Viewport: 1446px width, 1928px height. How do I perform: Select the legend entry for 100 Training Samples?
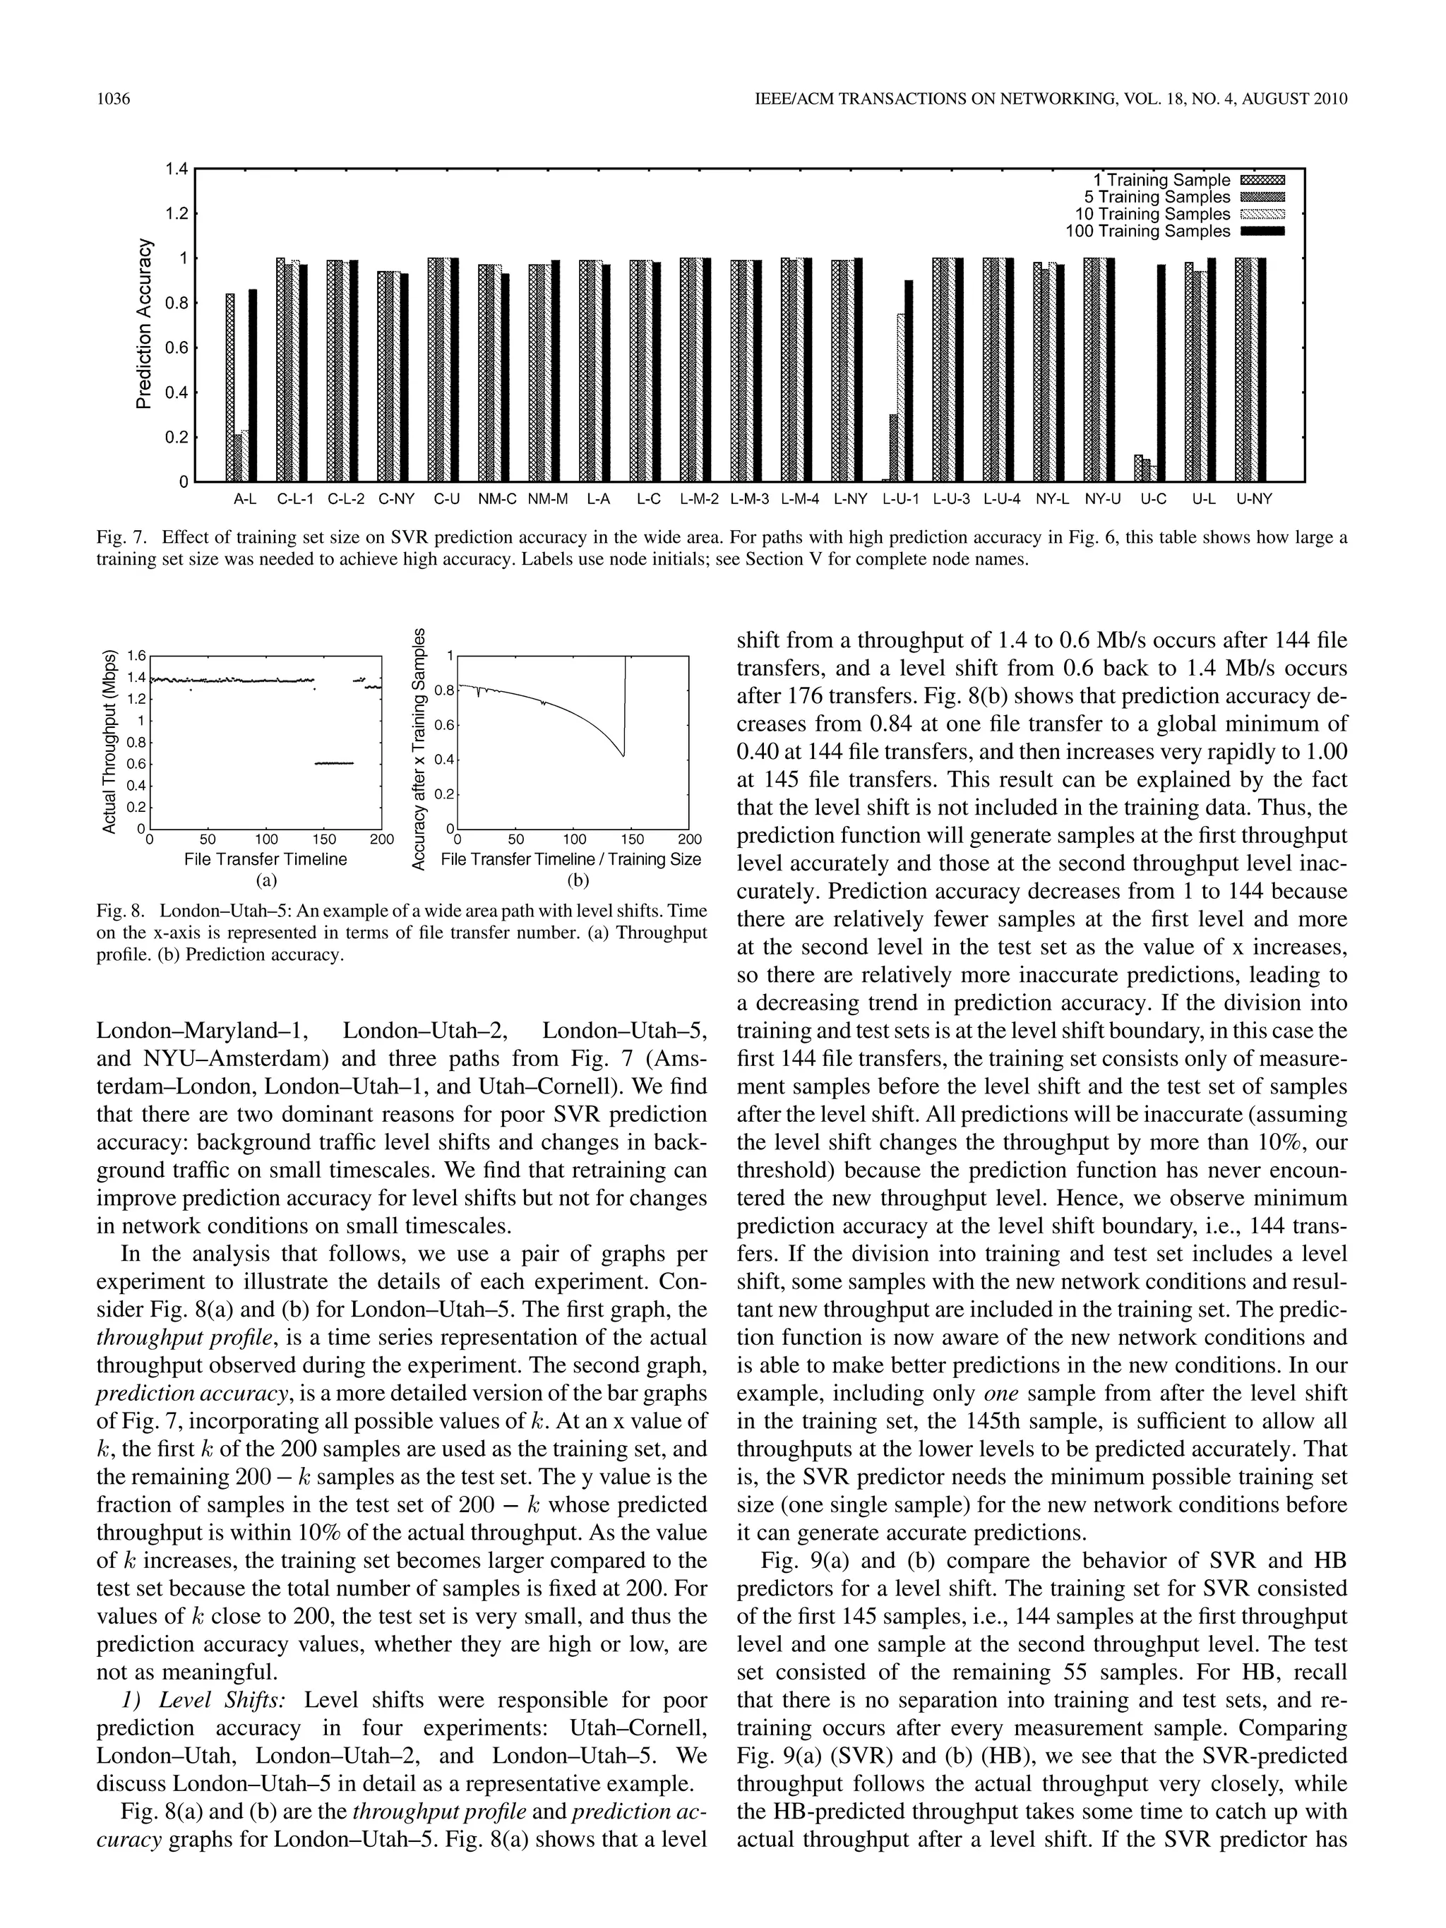1147,231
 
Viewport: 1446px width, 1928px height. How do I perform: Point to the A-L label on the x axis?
245,499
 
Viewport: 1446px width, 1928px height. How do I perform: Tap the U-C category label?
1153,499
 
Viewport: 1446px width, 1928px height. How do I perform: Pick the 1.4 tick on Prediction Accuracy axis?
177,168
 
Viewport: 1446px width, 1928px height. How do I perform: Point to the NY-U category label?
1103,499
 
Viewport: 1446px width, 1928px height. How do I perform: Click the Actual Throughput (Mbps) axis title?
110,741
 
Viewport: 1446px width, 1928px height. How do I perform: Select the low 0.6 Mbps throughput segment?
334,762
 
